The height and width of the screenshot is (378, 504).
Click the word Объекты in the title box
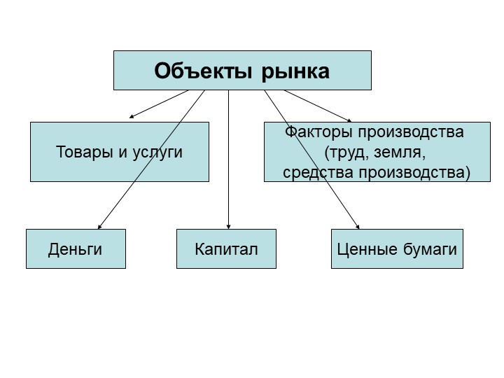(x=203, y=71)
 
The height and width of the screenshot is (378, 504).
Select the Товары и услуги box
(x=120, y=152)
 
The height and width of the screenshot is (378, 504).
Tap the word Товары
(x=84, y=152)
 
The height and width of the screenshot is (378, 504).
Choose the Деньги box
(x=76, y=248)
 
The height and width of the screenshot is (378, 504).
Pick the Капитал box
(x=226, y=248)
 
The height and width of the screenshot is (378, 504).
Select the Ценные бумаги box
(x=398, y=248)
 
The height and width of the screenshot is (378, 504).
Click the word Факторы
(x=319, y=132)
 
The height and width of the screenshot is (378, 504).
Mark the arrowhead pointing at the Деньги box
(x=99, y=227)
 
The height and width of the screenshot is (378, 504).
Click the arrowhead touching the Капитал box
(x=228, y=227)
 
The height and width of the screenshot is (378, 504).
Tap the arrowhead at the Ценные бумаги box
(x=358, y=227)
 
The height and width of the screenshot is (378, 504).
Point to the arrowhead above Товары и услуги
(x=132, y=116)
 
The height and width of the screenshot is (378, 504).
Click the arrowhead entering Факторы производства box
(x=349, y=120)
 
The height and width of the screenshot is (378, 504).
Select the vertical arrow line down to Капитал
(x=228, y=160)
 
